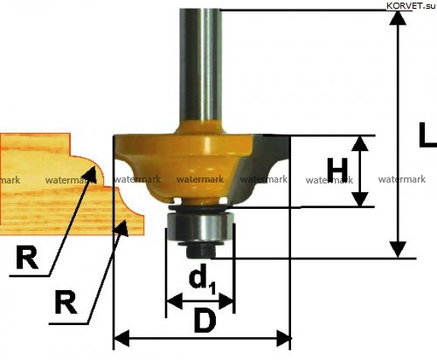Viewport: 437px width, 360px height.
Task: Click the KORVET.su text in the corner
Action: [411, 6]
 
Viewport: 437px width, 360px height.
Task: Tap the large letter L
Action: [427, 135]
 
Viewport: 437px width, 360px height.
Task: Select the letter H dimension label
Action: [337, 170]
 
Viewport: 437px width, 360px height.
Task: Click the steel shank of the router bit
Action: [200, 67]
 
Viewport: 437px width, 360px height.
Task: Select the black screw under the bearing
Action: [199, 251]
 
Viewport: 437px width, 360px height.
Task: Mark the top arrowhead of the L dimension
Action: [398, 18]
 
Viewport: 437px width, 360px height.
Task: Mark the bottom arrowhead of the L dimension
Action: [398, 250]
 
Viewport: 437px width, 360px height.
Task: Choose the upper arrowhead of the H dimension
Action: [360, 143]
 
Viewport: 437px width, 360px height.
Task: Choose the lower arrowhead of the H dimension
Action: [360, 199]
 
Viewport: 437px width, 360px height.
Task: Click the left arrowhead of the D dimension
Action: [121, 338]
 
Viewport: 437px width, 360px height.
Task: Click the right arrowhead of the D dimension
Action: [283, 338]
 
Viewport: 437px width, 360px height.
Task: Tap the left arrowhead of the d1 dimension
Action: [174, 301]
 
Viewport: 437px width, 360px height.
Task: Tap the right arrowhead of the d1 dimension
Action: [226, 301]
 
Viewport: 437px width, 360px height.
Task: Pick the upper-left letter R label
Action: [27, 258]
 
